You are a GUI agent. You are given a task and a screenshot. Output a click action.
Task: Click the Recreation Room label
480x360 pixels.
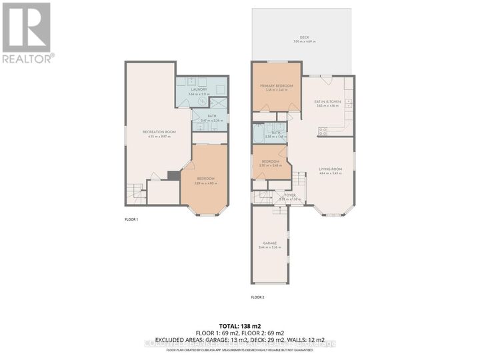coord(159,131)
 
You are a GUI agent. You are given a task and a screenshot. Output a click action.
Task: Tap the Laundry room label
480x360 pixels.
coord(199,89)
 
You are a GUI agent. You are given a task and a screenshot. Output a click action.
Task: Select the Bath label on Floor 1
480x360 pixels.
coord(211,117)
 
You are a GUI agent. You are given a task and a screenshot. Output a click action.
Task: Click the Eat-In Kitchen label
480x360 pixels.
coord(327,101)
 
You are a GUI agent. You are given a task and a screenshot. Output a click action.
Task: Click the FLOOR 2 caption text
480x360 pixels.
coord(257,297)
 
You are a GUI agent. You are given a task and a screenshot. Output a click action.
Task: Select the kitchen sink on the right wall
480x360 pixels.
coord(348,103)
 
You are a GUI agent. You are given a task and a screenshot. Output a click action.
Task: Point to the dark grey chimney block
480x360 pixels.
coord(173,175)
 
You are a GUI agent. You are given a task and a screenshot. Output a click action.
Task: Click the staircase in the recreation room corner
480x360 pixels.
coord(135,192)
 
